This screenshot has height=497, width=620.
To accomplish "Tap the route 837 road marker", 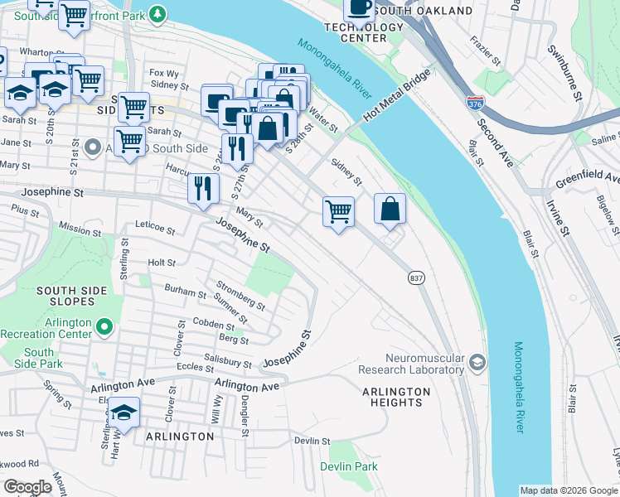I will [415, 278].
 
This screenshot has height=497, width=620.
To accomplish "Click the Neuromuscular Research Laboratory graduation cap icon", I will [477, 361].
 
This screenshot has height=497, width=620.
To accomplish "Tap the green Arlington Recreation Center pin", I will [104, 328].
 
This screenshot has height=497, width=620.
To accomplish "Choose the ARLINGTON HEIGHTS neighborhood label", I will [396, 397].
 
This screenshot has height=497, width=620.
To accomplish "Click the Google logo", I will [28, 487].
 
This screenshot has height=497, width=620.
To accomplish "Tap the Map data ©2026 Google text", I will [568, 490].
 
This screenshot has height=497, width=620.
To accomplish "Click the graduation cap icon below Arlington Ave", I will [123, 412].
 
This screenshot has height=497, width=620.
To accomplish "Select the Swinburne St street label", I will [564, 74].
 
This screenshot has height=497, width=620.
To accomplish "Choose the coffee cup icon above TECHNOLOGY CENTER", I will [359, 8].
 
